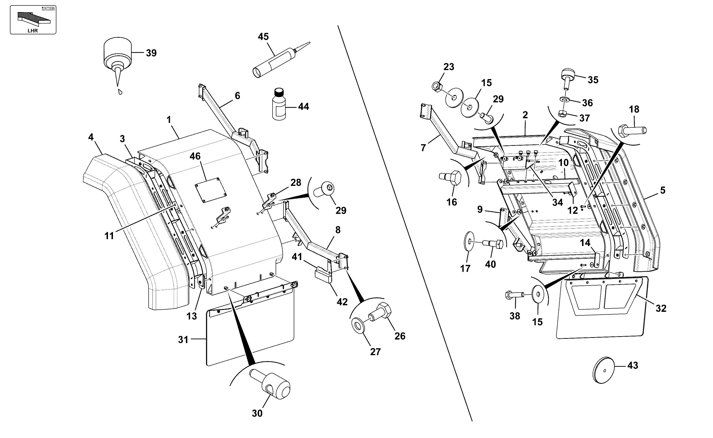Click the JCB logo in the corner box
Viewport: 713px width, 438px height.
pyautogui.click(x=48, y=9)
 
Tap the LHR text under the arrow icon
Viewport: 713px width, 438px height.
pyautogui.click(x=33, y=31)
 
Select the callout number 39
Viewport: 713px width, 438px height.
pyautogui.click(x=151, y=53)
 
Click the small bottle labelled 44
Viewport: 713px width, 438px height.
pyautogui.click(x=279, y=104)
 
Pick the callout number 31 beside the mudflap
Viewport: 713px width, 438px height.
pyautogui.click(x=183, y=340)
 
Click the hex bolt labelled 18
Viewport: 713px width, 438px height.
pyautogui.click(x=632, y=131)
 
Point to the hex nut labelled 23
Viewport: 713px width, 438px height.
pyautogui.click(x=437, y=86)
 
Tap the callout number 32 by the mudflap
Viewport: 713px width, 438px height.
pyautogui.click(x=661, y=309)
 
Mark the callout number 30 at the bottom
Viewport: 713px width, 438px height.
pyautogui.click(x=257, y=413)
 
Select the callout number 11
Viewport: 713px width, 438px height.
pyautogui.click(x=109, y=236)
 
